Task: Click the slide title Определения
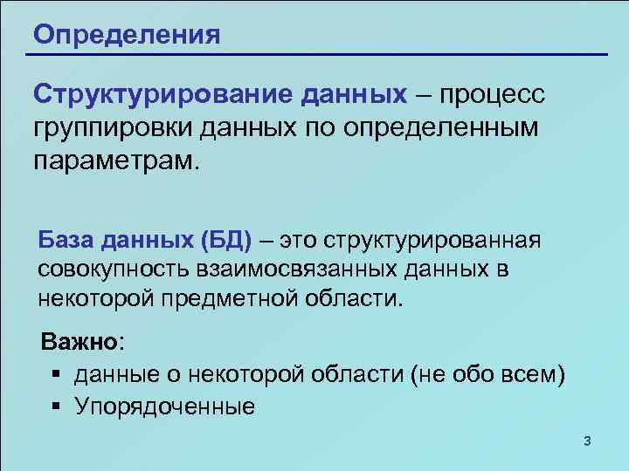click(126, 36)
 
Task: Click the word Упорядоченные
click(165, 406)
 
